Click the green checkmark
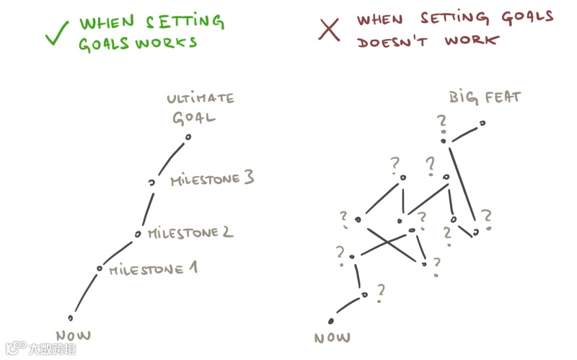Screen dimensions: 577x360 [57, 32]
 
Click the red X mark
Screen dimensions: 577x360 [329, 30]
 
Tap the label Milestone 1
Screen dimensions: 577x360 [153, 269]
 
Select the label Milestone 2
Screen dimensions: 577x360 [190, 233]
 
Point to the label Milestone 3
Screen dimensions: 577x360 [212, 178]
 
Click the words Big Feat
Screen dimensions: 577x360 [485, 96]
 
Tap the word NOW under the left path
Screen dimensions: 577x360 [75, 335]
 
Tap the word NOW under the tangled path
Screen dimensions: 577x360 [332, 337]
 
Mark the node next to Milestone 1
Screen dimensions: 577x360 [100, 268]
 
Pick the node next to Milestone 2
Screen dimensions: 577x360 [138, 234]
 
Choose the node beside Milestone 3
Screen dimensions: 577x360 [151, 183]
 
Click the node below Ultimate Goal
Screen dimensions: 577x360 [188, 136]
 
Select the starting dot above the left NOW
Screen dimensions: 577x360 [71, 317]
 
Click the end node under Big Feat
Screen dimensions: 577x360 [483, 123]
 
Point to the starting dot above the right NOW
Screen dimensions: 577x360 [331, 321]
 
